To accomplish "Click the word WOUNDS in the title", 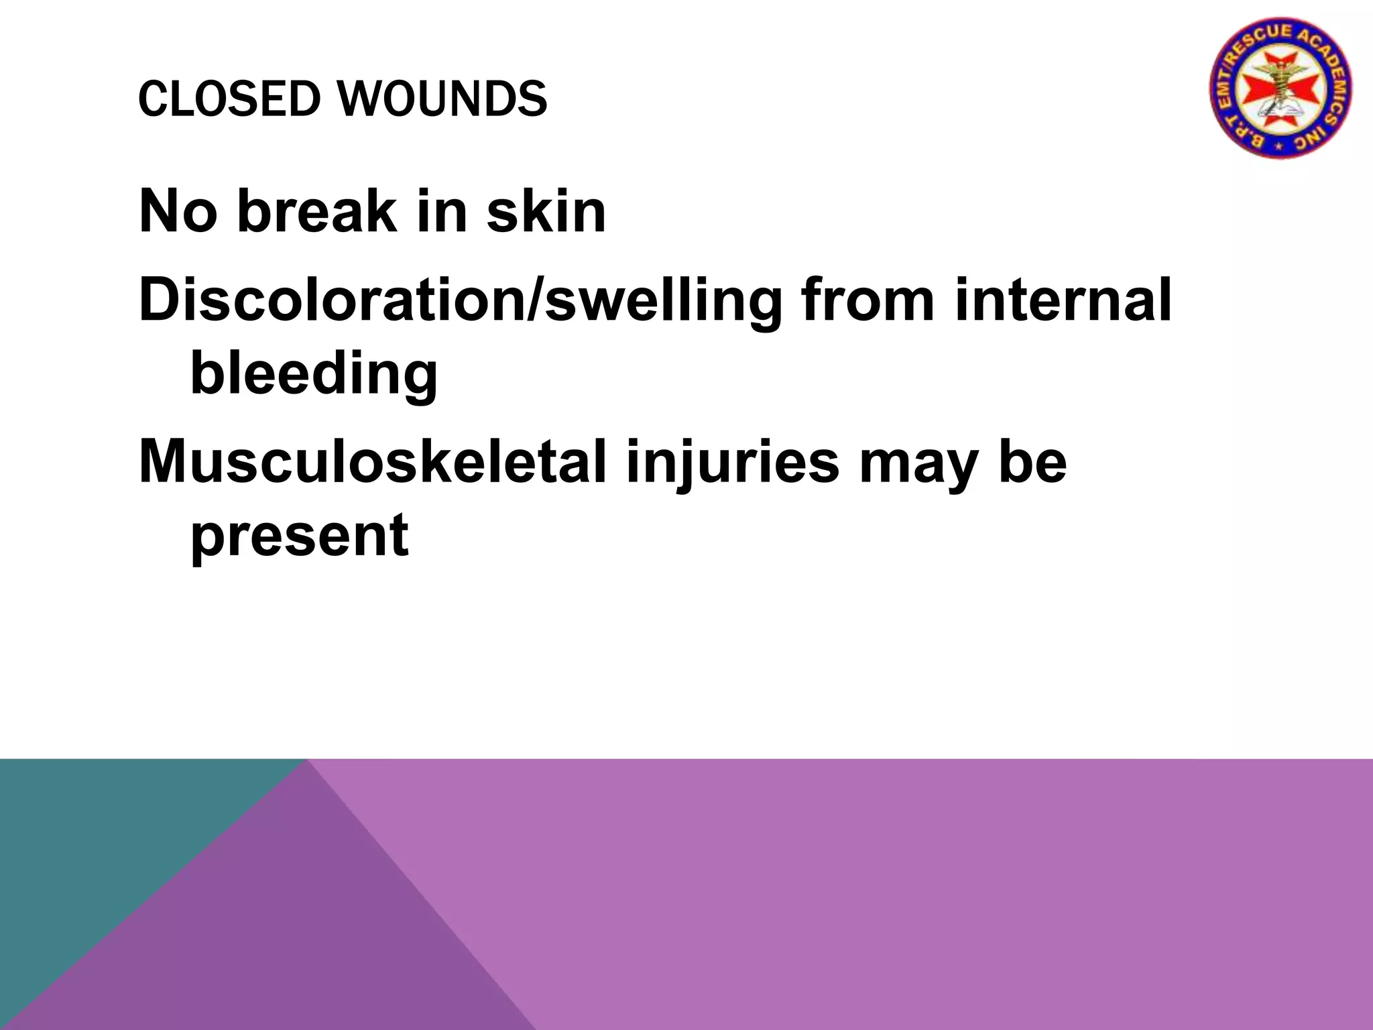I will (442, 99).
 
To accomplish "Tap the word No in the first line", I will (178, 211).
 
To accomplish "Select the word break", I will (317, 211).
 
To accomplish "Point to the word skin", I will (546, 211).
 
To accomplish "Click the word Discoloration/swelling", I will (461, 300).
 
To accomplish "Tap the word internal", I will (1063, 300).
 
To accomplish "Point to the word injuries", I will (732, 463).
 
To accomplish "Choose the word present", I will (300, 536).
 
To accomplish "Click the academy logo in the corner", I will (1280, 88).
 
